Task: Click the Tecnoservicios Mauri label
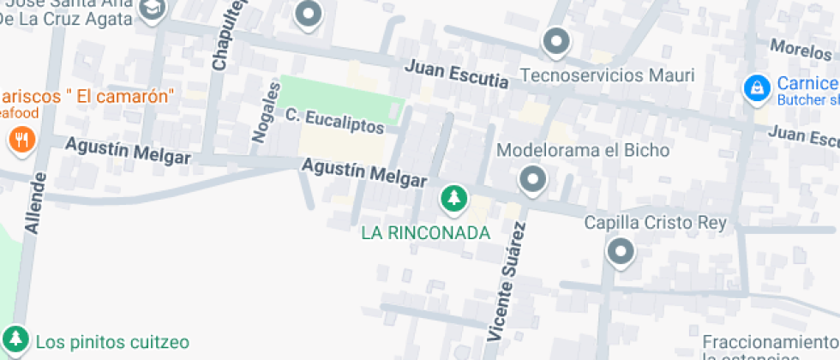pyautogui.click(x=608, y=75)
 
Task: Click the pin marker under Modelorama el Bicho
pyautogui.click(x=533, y=180)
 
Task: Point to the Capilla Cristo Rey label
pyautogui.click(x=655, y=223)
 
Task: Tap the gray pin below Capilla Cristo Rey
pyautogui.click(x=619, y=252)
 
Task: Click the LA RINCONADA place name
pyautogui.click(x=425, y=232)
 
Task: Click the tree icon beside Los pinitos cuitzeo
pyautogui.click(x=15, y=338)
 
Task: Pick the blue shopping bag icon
pyautogui.click(x=756, y=87)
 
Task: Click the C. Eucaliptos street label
pyautogui.click(x=334, y=120)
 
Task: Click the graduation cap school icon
pyautogui.click(x=153, y=9)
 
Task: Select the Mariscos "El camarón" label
pyautogui.click(x=88, y=94)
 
